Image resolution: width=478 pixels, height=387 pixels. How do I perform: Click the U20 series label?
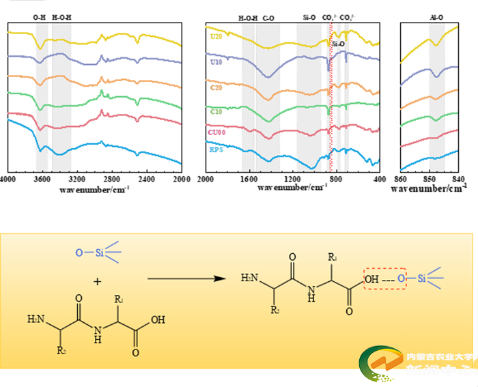[x=216, y=35]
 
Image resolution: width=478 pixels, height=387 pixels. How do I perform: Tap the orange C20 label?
[x=216, y=87]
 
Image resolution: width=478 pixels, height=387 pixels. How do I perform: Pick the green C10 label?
[x=216, y=111]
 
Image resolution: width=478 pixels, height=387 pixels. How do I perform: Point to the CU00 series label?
[x=218, y=130]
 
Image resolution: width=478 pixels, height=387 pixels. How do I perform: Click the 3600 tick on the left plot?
[x=42, y=179]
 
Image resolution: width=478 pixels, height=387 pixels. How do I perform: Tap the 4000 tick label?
[x=8, y=179]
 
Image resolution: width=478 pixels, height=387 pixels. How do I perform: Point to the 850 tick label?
[x=430, y=179]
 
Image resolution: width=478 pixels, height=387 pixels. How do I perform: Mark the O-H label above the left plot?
[x=40, y=16]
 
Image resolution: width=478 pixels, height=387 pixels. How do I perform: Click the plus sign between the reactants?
[x=98, y=281]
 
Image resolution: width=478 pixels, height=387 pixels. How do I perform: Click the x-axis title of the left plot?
[x=94, y=188]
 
